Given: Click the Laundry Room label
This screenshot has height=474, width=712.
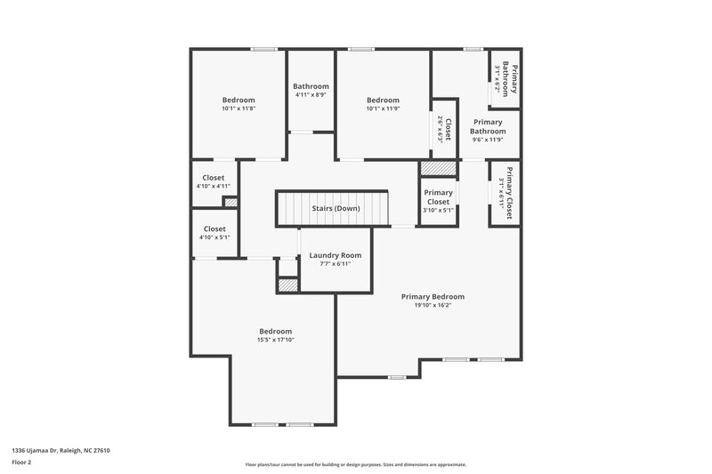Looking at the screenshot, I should coord(336,255).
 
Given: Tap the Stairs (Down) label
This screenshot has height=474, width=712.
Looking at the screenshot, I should coord(336,209).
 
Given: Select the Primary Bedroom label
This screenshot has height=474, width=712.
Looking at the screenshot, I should coord(433,296).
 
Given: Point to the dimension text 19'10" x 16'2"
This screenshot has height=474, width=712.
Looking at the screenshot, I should coord(433,305).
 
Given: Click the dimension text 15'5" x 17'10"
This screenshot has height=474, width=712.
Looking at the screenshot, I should coord(275,340).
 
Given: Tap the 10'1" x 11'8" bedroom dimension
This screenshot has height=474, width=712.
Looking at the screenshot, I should coord(238,108).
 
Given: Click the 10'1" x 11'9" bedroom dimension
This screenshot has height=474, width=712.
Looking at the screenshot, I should coord(383,108).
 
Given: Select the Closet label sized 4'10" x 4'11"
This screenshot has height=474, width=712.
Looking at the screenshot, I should coord(214,177).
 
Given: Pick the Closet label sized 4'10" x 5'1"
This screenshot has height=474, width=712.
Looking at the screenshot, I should coord(214,229).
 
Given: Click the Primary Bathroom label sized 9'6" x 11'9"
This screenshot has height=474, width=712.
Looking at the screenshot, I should coord(488,126).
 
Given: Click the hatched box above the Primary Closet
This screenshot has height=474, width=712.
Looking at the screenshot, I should coord(438,168).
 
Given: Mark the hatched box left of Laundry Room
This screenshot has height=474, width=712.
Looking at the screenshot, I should coord(287,285).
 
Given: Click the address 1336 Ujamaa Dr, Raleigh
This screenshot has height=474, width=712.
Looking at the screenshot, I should coord(61,450).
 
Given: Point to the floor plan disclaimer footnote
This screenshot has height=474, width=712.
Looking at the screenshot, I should coord(355,464).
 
